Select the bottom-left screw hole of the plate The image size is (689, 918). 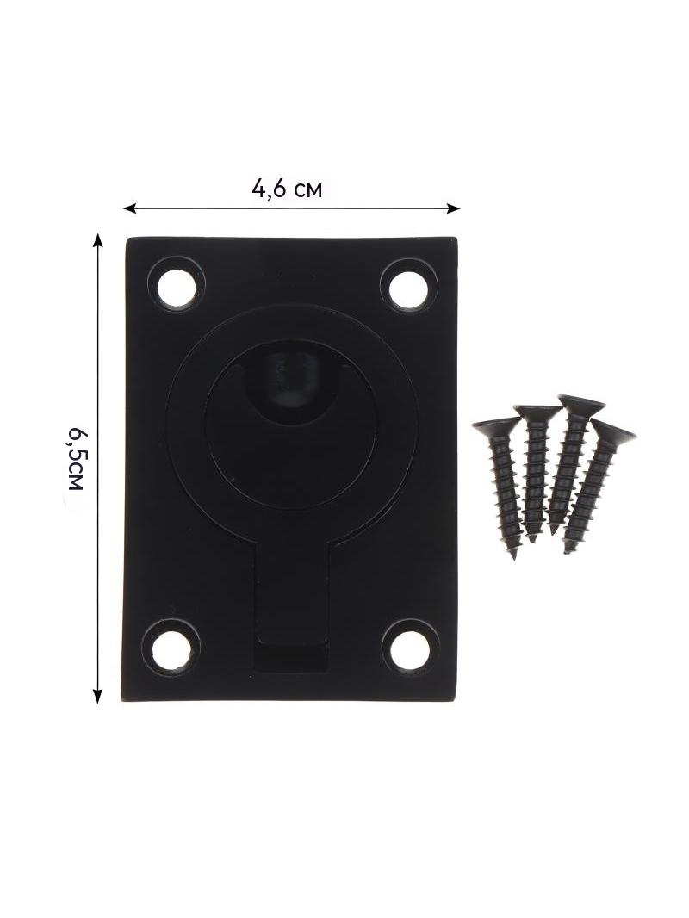[x=172, y=650]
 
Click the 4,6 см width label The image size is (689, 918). [x=287, y=189]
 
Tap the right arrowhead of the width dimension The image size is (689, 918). [x=454, y=207]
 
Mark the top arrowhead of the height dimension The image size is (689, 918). [x=98, y=239]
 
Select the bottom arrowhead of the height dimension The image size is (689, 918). [x=98, y=696]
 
